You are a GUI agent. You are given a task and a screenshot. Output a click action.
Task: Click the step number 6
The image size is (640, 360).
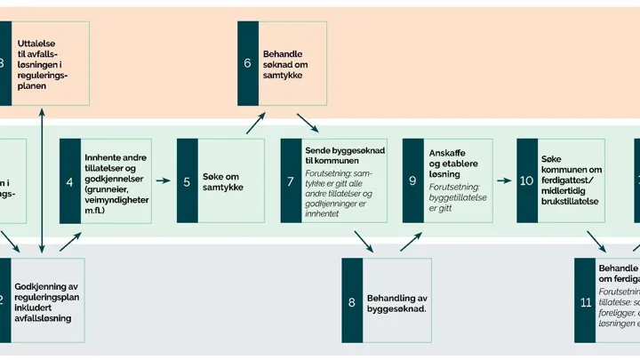(x=247, y=63)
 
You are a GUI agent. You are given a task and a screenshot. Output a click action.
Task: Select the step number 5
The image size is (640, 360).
(x=187, y=182)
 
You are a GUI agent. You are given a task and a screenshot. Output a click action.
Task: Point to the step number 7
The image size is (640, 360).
(x=291, y=182)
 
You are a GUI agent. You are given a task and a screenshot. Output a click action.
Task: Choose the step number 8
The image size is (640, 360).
(x=352, y=302)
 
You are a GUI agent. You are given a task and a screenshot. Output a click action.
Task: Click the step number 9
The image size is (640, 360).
(x=412, y=181)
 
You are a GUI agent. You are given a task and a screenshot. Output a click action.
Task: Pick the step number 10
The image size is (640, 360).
(x=526, y=181)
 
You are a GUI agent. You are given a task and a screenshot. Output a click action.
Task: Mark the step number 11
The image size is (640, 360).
(x=585, y=302)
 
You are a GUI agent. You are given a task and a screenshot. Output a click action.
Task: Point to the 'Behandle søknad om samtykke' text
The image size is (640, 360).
(x=290, y=64)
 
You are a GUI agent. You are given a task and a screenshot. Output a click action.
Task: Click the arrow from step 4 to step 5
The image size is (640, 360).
(x=163, y=181)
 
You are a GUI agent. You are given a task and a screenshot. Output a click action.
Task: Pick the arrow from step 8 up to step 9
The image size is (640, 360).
(x=410, y=240)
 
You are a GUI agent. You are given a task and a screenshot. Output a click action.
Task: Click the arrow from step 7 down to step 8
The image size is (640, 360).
(x=363, y=240)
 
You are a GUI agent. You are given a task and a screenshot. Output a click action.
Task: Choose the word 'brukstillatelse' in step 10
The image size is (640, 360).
(x=573, y=201)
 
